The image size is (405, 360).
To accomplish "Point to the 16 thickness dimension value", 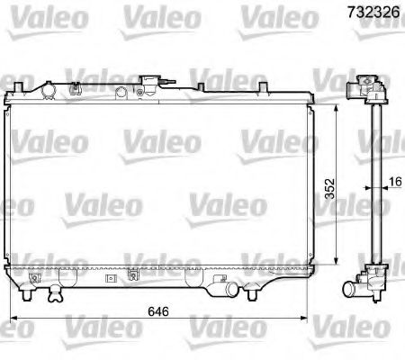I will pyautogui.click(x=395, y=183).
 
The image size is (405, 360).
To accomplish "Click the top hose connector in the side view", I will pyautogui.click(x=368, y=89).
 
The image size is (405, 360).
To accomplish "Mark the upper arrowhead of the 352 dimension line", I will pyautogui.click(x=334, y=106).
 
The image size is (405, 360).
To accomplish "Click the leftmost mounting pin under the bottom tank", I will pyautogui.click(x=28, y=293).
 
